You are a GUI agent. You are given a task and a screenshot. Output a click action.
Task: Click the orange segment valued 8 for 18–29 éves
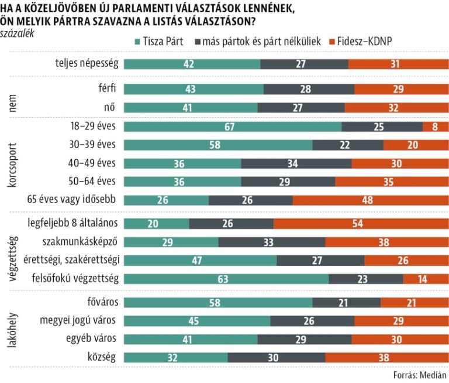click(436, 127)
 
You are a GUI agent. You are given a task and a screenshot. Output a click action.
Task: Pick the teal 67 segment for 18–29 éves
click(233, 127)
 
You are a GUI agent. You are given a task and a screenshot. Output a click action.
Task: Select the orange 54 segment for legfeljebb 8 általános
click(361, 223)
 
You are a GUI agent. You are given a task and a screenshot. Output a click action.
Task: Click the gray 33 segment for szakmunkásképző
click(271, 242)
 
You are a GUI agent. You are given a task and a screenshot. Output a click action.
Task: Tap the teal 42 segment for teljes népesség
click(192, 64)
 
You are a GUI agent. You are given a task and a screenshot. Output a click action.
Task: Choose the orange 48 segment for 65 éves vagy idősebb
click(371, 200)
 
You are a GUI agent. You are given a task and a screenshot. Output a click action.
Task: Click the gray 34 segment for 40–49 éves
click(296, 163)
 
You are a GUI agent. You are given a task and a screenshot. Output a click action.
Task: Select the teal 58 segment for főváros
click(218, 302)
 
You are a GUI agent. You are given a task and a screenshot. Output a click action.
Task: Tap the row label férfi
click(108, 89)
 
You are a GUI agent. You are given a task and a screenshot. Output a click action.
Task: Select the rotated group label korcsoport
click(12, 163)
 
